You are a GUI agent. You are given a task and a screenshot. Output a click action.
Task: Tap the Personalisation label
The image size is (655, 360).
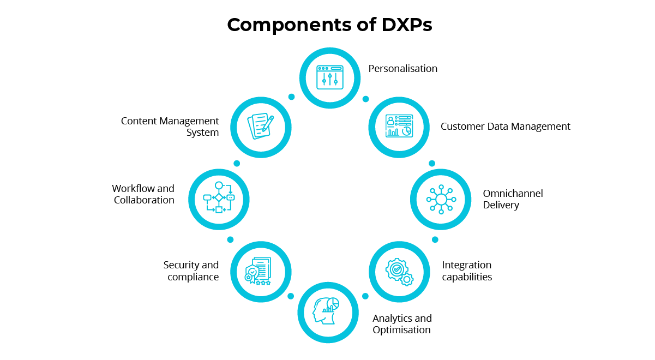[x=402, y=69]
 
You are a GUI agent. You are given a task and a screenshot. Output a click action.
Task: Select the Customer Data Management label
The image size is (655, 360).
[x=505, y=127]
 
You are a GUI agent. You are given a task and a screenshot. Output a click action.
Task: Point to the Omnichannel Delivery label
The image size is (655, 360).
[x=513, y=199]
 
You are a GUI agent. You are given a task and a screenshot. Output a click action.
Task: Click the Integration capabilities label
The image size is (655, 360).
[x=467, y=271]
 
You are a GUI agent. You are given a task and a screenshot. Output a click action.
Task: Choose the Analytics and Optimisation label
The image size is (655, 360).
[x=402, y=324]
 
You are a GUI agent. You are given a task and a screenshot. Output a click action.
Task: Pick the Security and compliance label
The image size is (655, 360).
[x=191, y=271]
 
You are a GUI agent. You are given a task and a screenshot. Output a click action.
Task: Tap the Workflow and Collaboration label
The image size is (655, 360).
[x=143, y=194]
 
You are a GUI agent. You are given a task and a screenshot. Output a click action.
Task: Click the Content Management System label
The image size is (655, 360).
[x=170, y=127]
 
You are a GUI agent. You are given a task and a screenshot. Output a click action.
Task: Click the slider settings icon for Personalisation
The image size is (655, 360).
[x=330, y=77]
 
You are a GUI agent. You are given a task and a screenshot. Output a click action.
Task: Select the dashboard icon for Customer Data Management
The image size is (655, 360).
[x=399, y=127]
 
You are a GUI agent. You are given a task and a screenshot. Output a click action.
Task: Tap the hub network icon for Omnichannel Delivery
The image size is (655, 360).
[x=441, y=199]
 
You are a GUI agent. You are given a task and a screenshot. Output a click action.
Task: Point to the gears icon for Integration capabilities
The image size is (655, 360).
[x=399, y=271]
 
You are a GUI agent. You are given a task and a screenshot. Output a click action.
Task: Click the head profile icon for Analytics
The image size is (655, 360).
[x=326, y=311]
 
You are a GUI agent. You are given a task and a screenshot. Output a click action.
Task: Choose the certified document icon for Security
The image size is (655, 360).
[x=258, y=271]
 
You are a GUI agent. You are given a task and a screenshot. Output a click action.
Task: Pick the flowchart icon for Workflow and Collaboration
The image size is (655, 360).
[x=219, y=198]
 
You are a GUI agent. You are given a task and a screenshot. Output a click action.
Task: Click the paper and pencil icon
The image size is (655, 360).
[x=261, y=127]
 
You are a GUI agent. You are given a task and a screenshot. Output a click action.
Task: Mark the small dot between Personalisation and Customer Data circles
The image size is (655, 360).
[x=366, y=99]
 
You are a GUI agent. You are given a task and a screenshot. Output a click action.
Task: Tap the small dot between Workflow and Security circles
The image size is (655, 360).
[x=230, y=239]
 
